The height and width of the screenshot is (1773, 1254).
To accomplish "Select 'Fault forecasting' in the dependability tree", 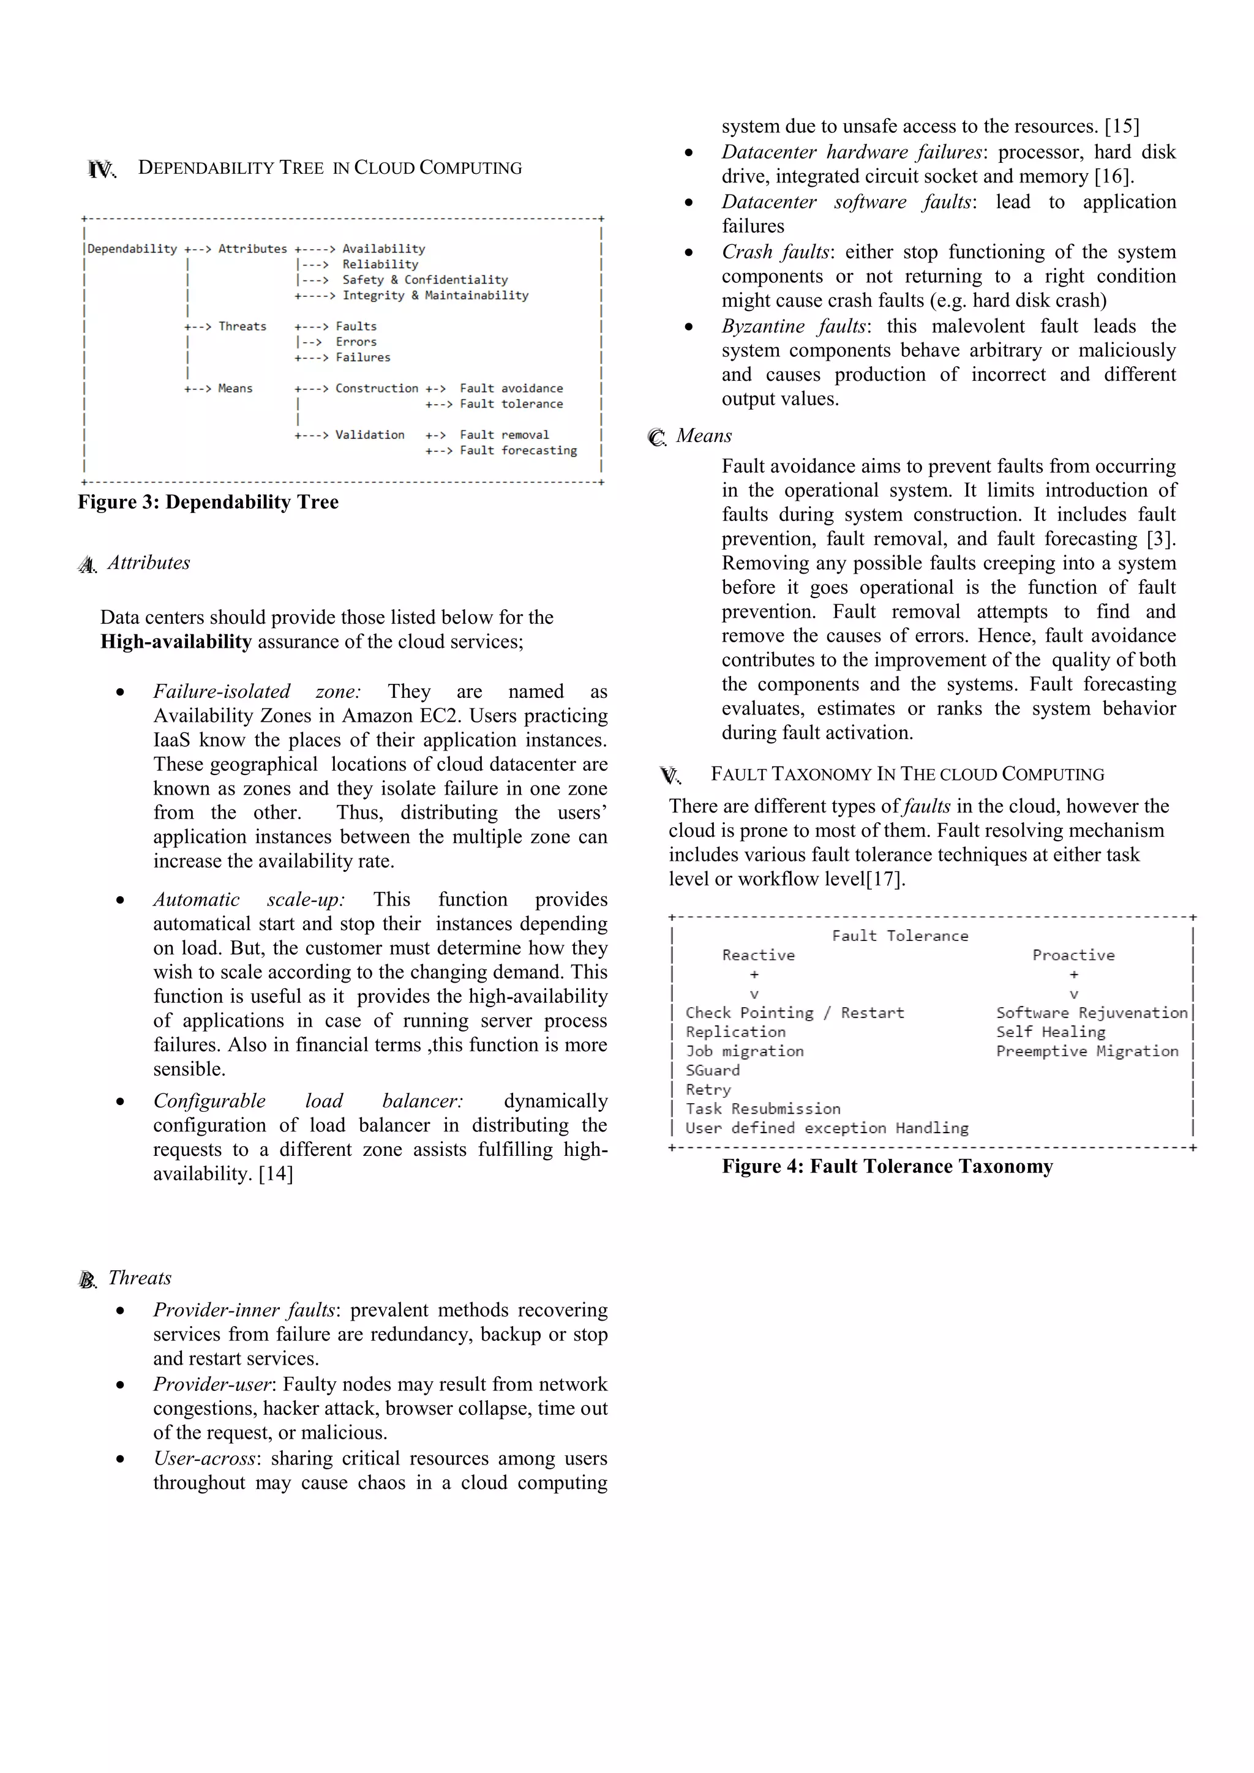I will tap(517, 450).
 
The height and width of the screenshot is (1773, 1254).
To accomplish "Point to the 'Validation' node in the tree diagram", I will tap(369, 435).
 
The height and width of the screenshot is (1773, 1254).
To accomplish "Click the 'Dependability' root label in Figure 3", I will tap(132, 249).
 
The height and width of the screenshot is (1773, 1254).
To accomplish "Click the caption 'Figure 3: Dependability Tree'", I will tap(208, 502).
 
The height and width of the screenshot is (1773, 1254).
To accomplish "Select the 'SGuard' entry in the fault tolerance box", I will tap(712, 1070).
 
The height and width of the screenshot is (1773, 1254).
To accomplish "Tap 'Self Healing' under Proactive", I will tap(1050, 1032).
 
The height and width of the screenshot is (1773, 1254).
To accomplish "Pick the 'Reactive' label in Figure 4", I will tap(757, 955).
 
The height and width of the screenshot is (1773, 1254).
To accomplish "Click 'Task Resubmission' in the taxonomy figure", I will tap(762, 1109).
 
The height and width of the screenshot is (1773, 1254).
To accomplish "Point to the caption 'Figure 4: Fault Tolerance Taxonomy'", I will tap(887, 1166).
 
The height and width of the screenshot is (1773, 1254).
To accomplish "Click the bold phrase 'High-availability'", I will tap(176, 642).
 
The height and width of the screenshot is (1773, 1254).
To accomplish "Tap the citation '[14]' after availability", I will tap(276, 1174).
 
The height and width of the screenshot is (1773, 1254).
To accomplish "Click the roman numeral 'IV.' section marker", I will tap(101, 169).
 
